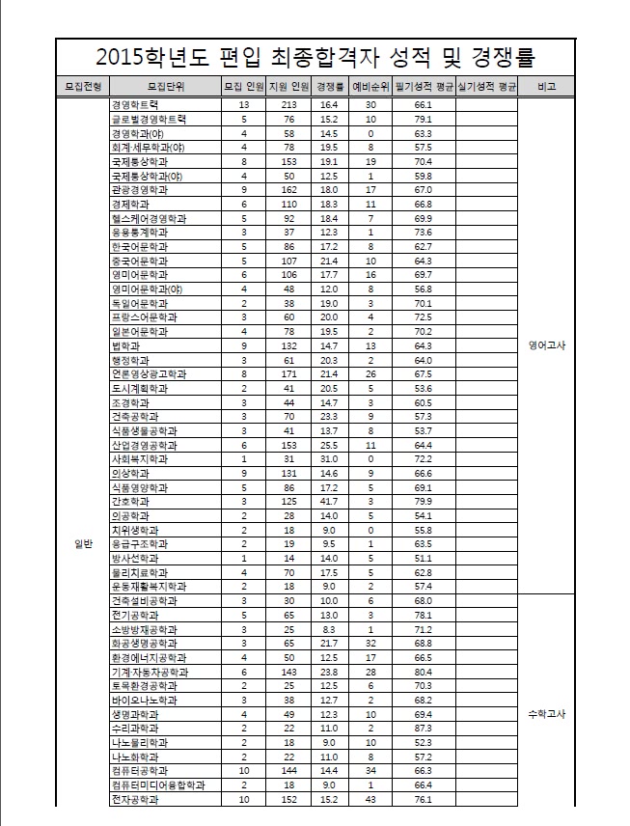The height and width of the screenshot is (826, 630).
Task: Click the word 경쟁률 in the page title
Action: tap(490, 54)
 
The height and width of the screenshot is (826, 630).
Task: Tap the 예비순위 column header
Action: tap(370, 87)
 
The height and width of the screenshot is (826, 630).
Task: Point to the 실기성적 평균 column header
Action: tap(487, 87)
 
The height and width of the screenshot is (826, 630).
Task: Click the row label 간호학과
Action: tap(131, 502)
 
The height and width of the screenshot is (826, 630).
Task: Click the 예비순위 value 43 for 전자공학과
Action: tap(370, 800)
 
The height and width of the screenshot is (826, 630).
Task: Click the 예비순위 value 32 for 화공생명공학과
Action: tap(370, 643)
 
